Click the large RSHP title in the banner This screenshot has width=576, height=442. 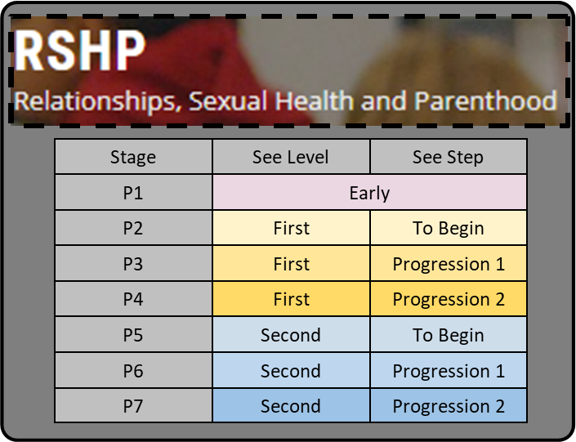point(80,51)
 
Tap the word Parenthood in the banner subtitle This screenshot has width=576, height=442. point(486,100)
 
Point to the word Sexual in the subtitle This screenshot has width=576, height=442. point(227,100)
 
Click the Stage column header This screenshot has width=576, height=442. point(133,157)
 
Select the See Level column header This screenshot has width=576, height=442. point(291,157)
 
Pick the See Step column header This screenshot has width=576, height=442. point(448,157)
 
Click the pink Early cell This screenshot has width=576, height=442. point(369,193)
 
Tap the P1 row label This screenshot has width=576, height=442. point(133,193)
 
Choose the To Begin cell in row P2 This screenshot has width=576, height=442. point(449,228)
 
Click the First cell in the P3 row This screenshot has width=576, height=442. point(292,264)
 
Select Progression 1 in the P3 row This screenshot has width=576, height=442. point(449,264)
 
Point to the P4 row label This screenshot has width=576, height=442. point(133,299)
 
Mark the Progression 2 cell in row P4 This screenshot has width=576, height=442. point(449,299)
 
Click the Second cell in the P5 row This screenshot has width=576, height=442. point(291,335)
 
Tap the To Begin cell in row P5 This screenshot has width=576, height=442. point(449,335)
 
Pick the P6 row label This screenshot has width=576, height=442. point(133,371)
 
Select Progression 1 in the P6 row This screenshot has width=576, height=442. point(449,371)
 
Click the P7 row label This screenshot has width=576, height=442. point(133,406)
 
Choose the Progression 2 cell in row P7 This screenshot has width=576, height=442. point(449,406)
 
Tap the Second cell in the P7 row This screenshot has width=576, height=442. point(291,406)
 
